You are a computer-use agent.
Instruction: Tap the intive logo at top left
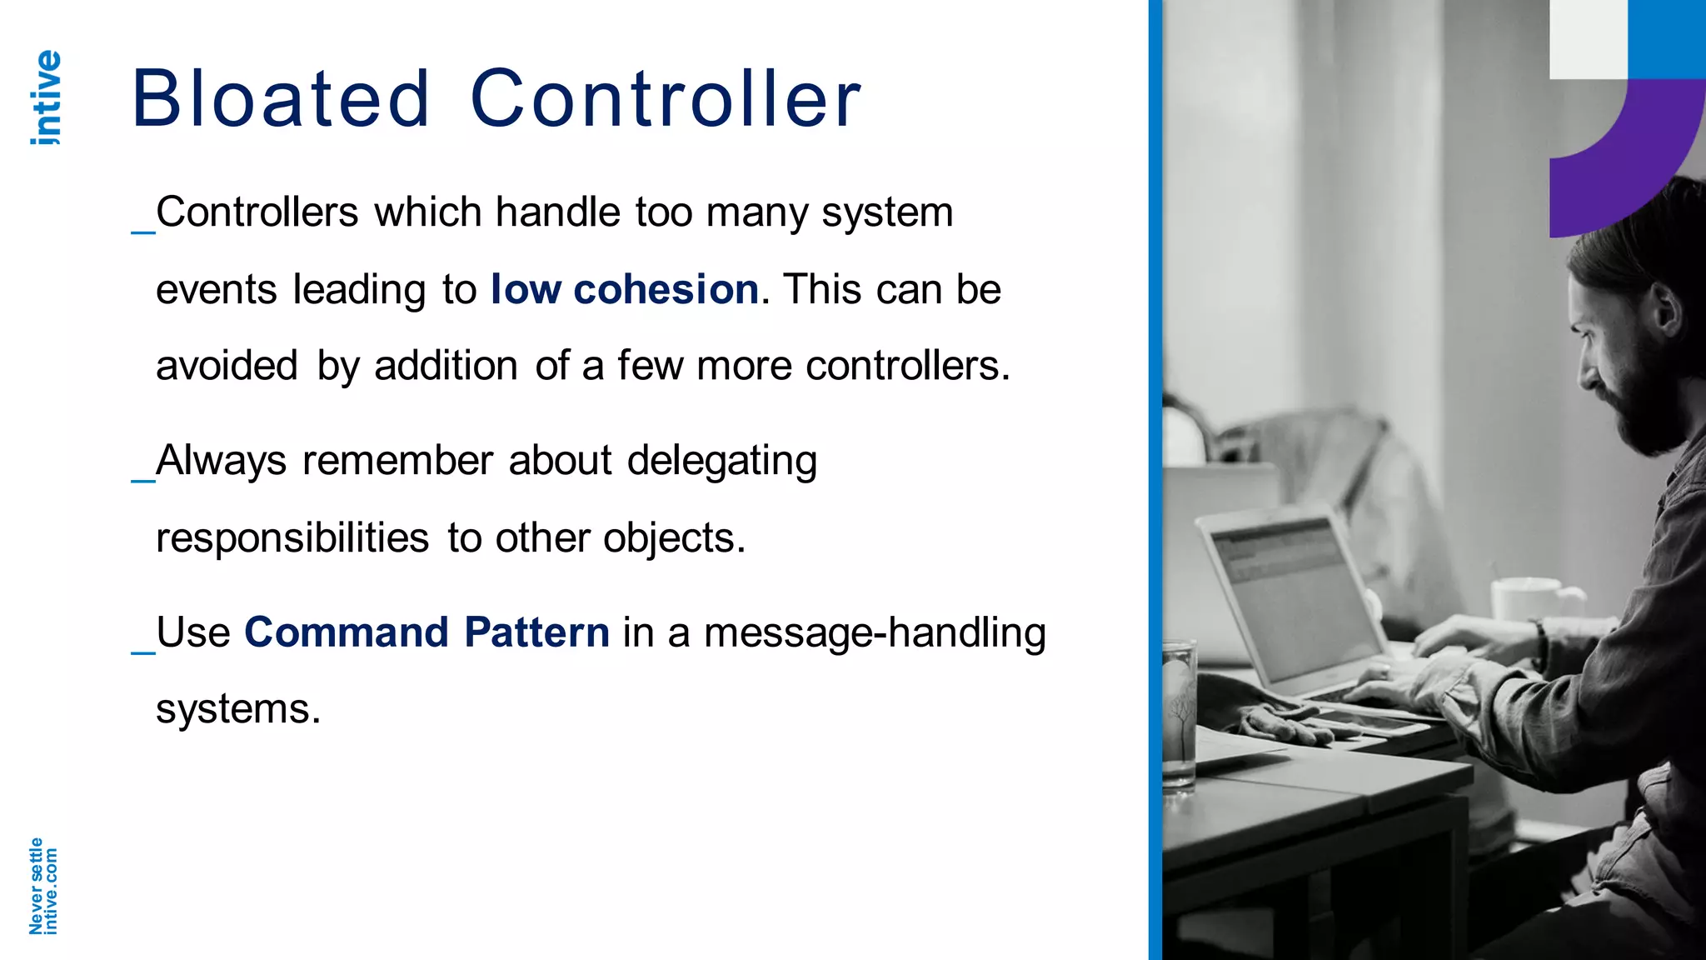tap(46, 97)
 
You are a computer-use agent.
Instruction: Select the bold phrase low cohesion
tap(624, 289)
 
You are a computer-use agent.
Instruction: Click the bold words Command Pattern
tap(426, 632)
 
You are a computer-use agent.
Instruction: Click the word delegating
tap(721, 461)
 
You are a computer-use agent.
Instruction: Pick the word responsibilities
tap(292, 537)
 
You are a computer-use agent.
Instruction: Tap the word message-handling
tap(875, 632)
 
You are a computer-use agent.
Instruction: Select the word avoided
tap(227, 366)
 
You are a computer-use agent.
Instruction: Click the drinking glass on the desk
tap(1178, 717)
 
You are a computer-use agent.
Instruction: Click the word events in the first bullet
tap(216, 289)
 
